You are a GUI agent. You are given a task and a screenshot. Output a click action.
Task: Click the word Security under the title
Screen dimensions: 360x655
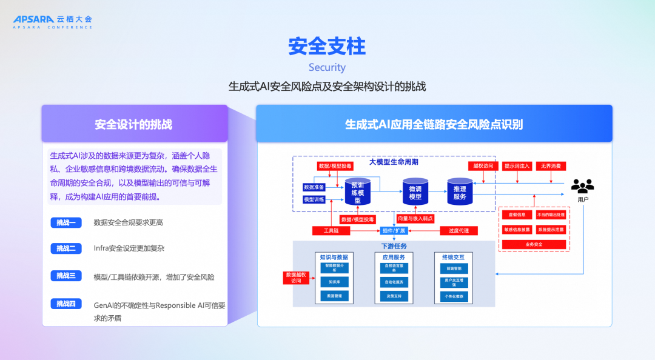pos(327,67)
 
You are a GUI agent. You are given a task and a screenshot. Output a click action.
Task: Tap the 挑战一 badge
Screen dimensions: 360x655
pos(66,222)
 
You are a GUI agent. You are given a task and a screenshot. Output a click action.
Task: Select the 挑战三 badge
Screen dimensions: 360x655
pos(66,276)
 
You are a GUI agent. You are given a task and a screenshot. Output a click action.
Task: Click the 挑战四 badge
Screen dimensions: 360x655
pos(66,304)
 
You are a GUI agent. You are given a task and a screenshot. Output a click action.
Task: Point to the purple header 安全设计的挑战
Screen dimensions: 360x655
pos(134,124)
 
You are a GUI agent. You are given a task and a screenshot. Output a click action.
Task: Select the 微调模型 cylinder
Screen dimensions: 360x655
pos(415,192)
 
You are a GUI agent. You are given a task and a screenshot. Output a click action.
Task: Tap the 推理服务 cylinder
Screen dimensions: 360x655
pos(460,192)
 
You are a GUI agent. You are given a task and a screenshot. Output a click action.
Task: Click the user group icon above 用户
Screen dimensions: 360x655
pos(582,186)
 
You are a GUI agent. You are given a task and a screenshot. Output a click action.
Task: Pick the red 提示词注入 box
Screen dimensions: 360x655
pos(517,165)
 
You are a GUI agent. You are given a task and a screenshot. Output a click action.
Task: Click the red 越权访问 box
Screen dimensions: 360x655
pos(483,165)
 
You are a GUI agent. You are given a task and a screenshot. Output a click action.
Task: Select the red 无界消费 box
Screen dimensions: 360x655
pos(550,165)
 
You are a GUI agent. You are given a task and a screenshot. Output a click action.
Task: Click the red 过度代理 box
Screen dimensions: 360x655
pos(458,230)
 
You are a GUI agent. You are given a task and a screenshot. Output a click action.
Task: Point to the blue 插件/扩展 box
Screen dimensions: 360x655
pos(394,230)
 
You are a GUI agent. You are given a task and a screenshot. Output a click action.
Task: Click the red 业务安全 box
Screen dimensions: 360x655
pos(534,244)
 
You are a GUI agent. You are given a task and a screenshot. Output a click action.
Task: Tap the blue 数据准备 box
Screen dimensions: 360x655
pos(314,187)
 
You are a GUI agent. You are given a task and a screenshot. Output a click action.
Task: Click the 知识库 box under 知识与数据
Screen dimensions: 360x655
pos(335,281)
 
